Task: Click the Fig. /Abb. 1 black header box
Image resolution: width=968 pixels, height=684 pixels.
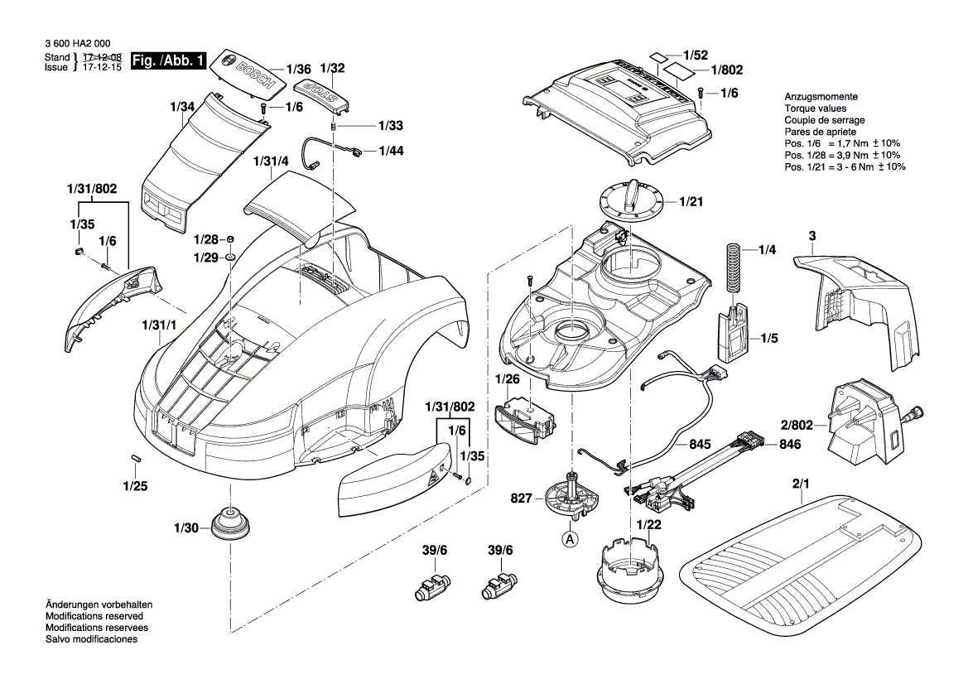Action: (168, 61)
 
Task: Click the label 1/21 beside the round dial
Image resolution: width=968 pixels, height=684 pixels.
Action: (691, 201)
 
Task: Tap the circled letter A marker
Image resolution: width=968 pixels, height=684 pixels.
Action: (570, 537)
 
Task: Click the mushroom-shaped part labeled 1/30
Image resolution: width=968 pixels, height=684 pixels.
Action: (229, 526)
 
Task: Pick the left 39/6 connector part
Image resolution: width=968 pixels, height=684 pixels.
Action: (429, 587)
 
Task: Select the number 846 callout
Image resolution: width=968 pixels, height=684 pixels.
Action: (790, 445)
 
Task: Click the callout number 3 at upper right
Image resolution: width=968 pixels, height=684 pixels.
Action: (812, 237)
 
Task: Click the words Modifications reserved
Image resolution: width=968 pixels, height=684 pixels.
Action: (94, 617)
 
